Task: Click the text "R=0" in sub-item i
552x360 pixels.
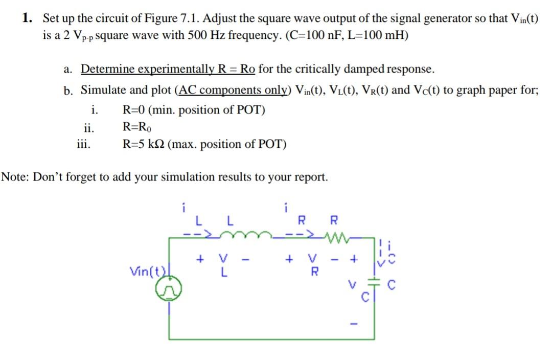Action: [x=134, y=110]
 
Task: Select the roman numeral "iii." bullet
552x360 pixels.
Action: [x=83, y=144]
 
